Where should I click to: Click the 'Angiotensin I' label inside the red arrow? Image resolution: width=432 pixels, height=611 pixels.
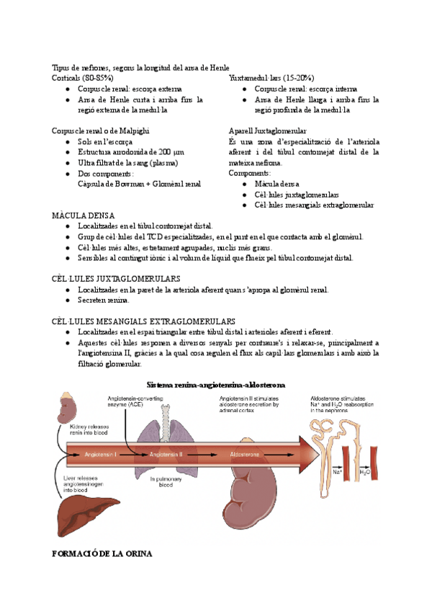(100, 455)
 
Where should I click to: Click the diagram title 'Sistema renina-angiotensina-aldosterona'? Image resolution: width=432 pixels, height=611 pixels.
(216, 385)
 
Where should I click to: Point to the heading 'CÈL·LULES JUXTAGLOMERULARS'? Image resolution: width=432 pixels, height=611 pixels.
(116, 278)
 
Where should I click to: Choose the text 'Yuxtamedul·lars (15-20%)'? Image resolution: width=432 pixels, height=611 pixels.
(271, 78)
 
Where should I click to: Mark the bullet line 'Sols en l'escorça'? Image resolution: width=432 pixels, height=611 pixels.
(107, 143)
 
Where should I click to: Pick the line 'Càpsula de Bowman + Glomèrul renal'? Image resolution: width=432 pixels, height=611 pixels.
(139, 184)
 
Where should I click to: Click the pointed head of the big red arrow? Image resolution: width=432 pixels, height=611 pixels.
(310, 455)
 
